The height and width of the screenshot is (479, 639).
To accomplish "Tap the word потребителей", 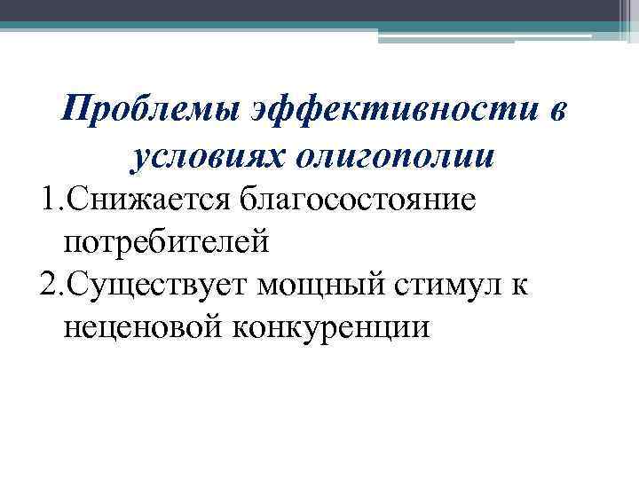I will tap(165, 240).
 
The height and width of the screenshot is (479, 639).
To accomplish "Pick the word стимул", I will tap(469, 285).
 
